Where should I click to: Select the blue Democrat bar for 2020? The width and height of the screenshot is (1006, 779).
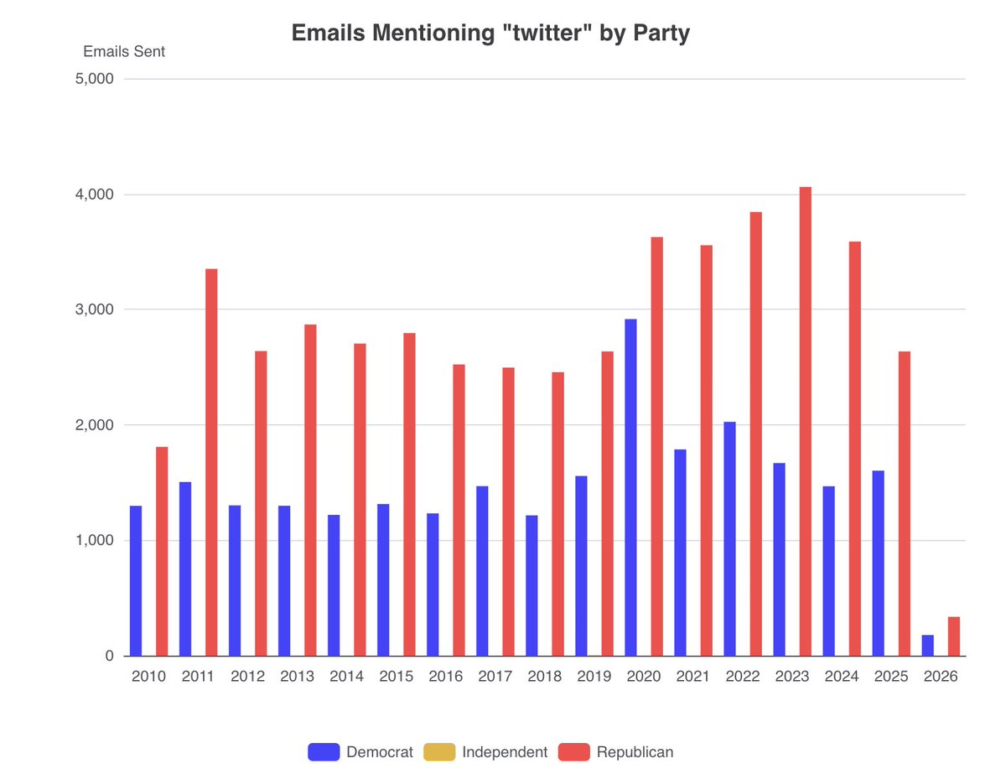pyautogui.click(x=630, y=487)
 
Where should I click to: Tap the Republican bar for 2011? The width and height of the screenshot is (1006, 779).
pyautogui.click(x=211, y=462)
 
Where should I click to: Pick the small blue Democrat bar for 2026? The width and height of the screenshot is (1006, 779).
pyautogui.click(x=927, y=646)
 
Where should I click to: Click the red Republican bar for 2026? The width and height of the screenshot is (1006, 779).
pyautogui.click(x=953, y=636)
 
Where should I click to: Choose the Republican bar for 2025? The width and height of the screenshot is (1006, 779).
pyautogui.click(x=904, y=503)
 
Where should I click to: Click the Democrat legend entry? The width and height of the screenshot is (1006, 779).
pyautogui.click(x=360, y=752)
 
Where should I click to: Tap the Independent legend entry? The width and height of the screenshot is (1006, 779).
pyautogui.click(x=486, y=752)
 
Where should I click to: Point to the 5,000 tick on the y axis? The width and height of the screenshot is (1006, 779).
pyautogui.click(x=95, y=80)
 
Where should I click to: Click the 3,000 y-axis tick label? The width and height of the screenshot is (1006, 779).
pyautogui.click(x=95, y=310)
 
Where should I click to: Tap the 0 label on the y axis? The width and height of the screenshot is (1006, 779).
pyautogui.click(x=108, y=657)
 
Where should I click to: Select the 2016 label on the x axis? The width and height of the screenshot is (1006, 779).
pyautogui.click(x=445, y=677)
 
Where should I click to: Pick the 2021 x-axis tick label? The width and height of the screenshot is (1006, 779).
pyautogui.click(x=692, y=677)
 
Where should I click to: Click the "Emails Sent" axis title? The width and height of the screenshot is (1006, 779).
pyautogui.click(x=124, y=52)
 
